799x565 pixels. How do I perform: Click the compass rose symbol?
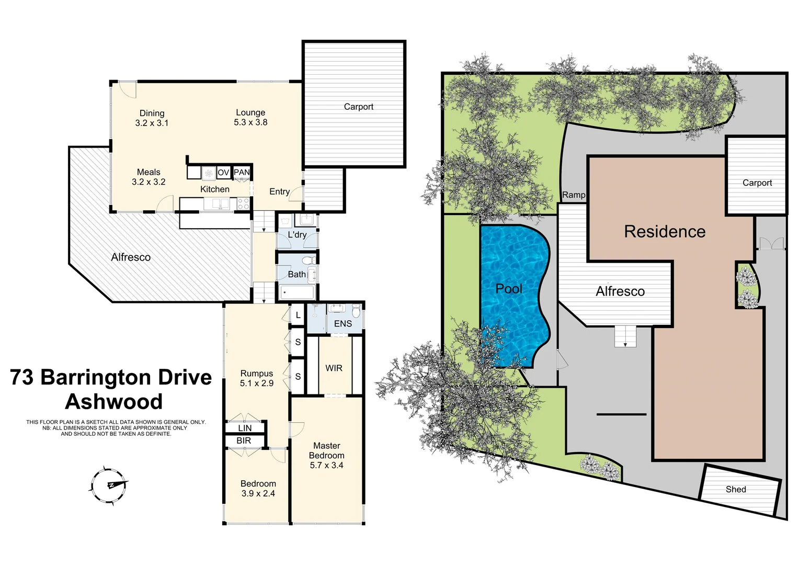point(109,485)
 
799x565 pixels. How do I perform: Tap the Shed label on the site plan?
point(735,489)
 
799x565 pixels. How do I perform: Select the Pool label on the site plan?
point(509,289)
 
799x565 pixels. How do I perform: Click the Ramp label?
point(573,195)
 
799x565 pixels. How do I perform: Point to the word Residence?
point(665,231)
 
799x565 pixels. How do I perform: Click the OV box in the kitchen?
point(223,172)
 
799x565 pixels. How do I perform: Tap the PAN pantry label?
point(242,172)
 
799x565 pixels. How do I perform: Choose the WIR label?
point(334,368)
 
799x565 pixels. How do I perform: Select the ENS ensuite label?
point(343,324)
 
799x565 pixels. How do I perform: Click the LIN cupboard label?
point(245,428)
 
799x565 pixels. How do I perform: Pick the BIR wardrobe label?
point(244,441)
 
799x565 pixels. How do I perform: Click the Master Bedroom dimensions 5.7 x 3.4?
point(326,465)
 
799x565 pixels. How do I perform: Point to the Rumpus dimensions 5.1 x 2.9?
point(256,383)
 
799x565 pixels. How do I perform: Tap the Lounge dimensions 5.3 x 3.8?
point(250,122)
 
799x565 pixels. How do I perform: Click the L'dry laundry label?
point(297,234)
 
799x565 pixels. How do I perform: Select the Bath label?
point(296,274)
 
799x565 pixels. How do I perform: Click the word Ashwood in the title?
point(113,402)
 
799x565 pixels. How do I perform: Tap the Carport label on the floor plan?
point(358,107)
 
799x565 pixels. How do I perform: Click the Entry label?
point(279,191)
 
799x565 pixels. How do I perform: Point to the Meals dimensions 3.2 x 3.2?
point(149,182)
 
